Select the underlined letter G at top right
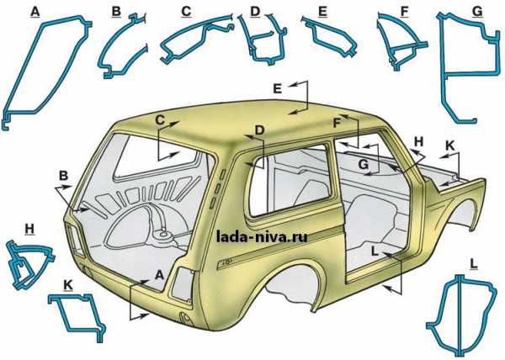coord(477,12)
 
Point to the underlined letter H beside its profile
coord(29,229)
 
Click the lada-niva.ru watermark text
coord(262,237)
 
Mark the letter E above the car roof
coord(278,88)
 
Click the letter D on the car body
coord(259,130)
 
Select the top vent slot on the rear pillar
coord(222,175)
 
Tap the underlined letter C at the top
coord(186,12)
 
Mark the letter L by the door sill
coord(375,251)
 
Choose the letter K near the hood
coord(449,146)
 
